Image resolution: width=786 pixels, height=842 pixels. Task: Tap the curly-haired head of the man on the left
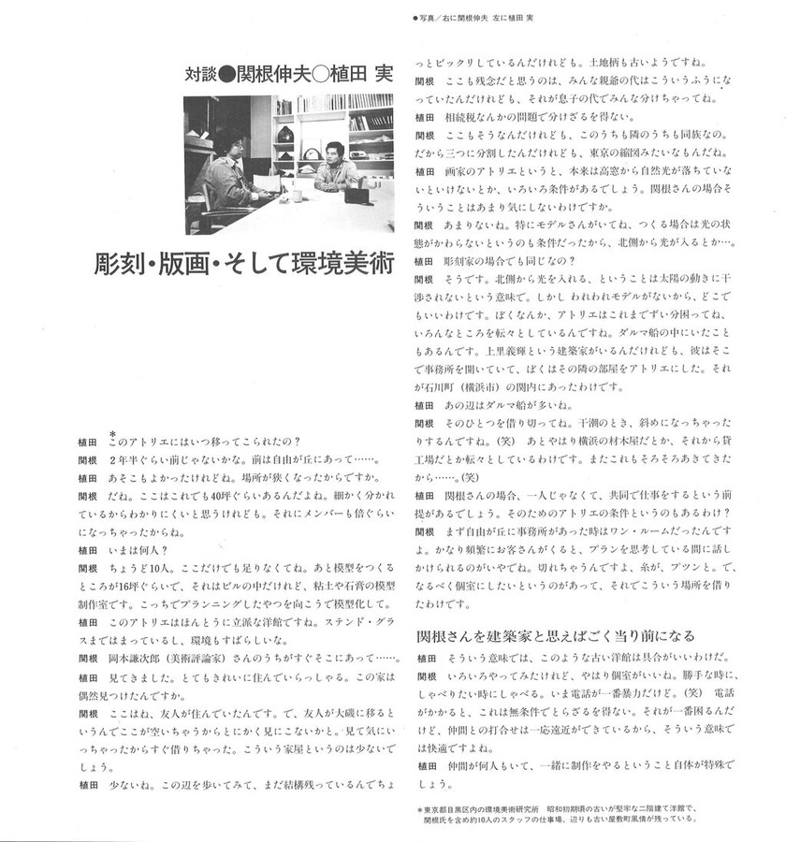pos(227,143)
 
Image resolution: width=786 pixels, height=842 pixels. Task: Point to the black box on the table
pos(357,196)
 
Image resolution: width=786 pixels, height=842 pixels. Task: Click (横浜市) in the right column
pos(502,385)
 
